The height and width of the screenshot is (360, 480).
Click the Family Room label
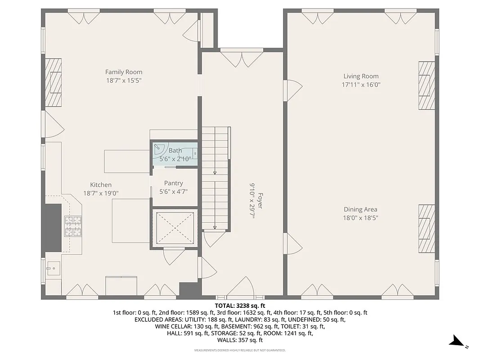click(124, 72)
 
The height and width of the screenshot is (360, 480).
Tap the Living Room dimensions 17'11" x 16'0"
click(361, 85)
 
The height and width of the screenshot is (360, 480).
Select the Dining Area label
click(360, 209)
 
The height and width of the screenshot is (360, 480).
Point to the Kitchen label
click(101, 185)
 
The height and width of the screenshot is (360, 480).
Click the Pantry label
click(173, 183)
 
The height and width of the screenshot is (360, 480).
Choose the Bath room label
click(175, 150)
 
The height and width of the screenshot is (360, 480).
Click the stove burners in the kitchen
click(73, 226)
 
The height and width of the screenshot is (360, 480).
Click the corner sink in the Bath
click(159, 147)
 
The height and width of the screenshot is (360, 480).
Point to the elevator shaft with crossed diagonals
click(174, 227)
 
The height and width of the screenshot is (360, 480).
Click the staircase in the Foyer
click(215, 178)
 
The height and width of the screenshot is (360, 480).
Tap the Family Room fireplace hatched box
click(53, 82)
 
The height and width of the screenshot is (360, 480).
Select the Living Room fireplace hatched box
click(426, 85)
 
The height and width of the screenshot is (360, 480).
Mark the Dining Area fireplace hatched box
click(426, 229)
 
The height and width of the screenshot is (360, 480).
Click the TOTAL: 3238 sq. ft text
click(240, 305)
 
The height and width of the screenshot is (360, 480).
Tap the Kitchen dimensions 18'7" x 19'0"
click(101, 193)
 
